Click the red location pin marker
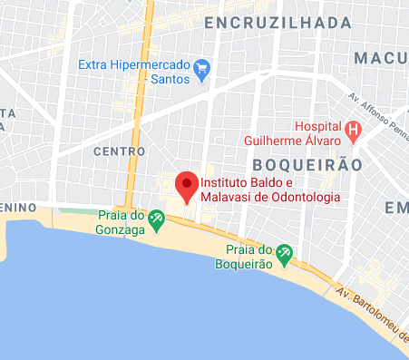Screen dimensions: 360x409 [x=187, y=186]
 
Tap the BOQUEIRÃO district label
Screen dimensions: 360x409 [x=307, y=165]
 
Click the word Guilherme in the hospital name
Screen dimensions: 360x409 [x=277, y=141]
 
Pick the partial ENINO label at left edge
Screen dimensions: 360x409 [x=17, y=208]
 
